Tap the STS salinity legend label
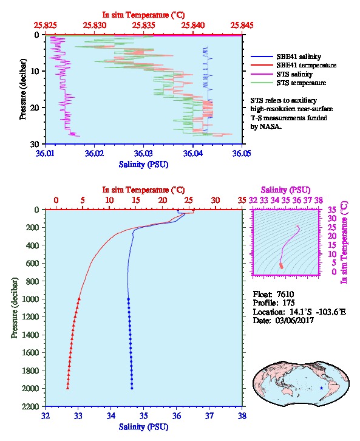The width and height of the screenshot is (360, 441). [x=294, y=74]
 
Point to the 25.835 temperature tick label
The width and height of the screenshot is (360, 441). [x=144, y=26]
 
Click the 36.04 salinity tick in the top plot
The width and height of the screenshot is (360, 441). [x=193, y=153]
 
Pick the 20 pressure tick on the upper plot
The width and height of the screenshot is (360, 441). [x=35, y=108]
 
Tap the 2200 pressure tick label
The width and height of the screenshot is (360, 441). [x=30, y=406]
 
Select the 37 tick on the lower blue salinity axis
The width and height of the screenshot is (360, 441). [x=209, y=415]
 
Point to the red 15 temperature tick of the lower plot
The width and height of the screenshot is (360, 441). [x=136, y=200]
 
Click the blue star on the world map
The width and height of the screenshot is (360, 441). [x=321, y=388]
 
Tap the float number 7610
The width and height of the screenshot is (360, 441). [x=285, y=294]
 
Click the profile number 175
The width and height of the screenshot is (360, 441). [x=288, y=303]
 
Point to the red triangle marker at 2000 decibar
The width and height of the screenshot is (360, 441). [x=68, y=388]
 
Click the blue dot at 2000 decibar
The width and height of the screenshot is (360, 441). [x=132, y=388]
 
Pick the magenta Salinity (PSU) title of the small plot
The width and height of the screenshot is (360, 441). [x=285, y=190]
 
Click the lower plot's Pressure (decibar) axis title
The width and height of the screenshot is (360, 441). [x=15, y=308]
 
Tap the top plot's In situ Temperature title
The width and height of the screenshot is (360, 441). [x=143, y=15]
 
